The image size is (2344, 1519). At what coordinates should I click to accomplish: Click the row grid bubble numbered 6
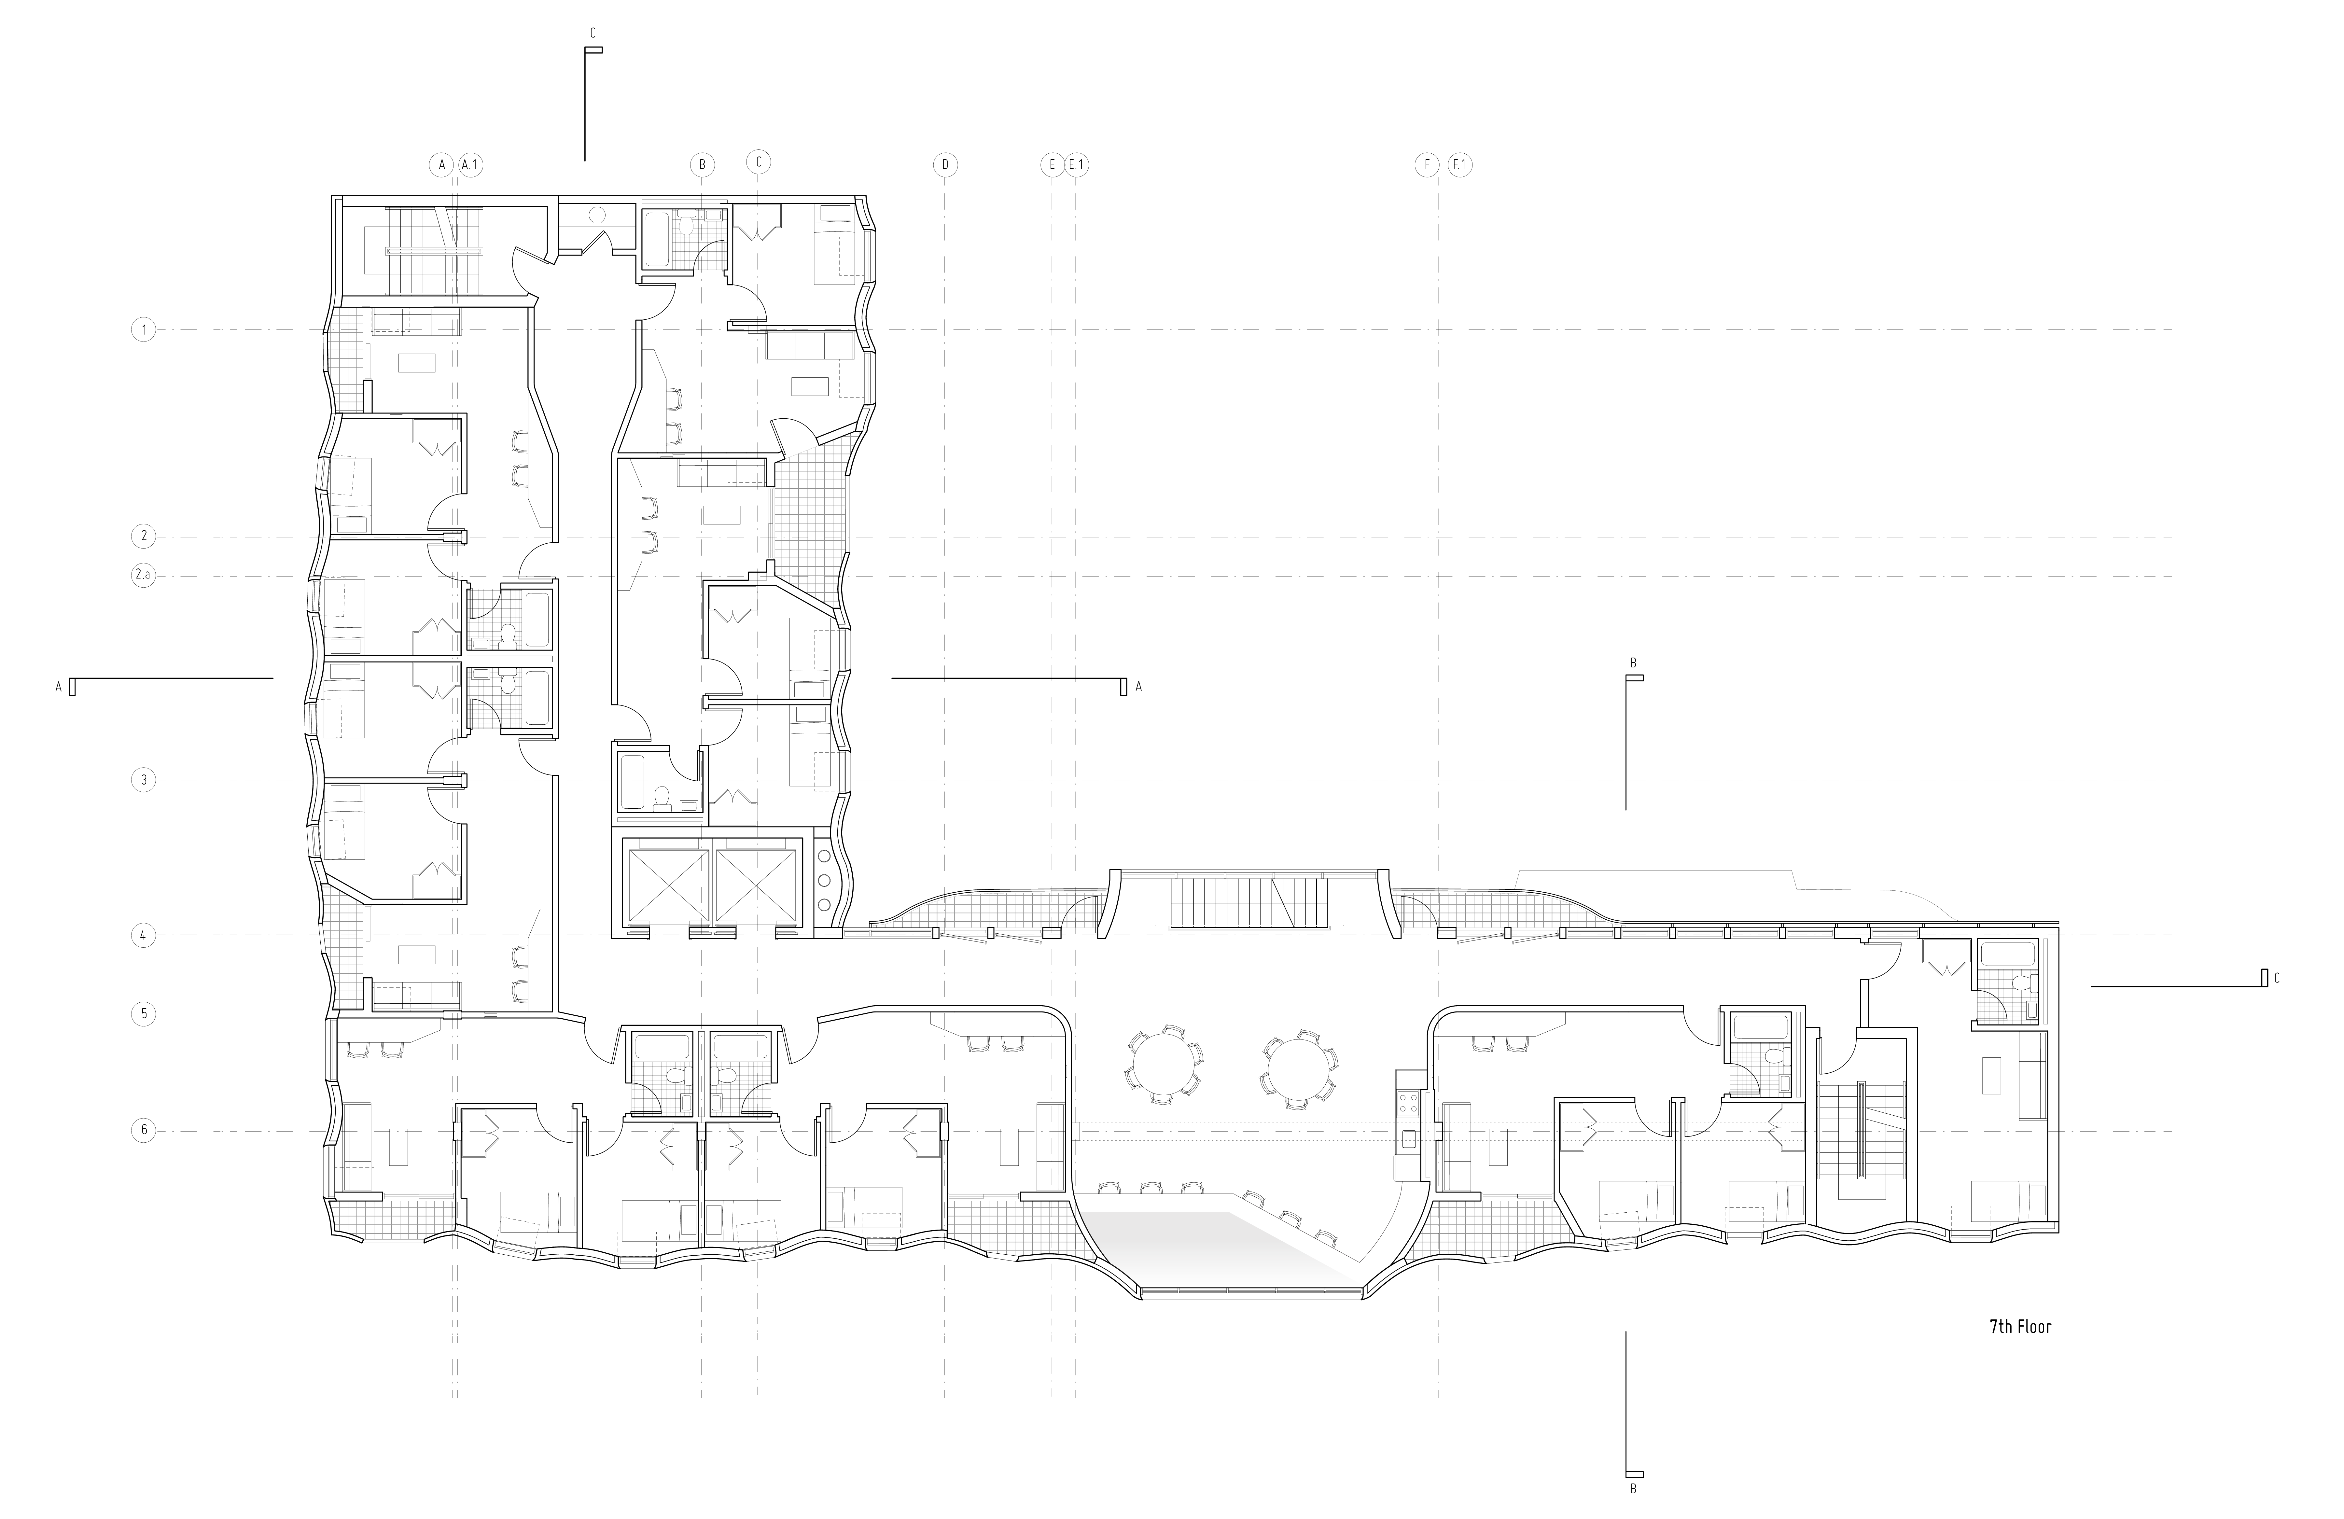(x=144, y=1130)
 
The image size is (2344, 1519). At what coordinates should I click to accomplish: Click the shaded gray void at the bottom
(x=1221, y=1247)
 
